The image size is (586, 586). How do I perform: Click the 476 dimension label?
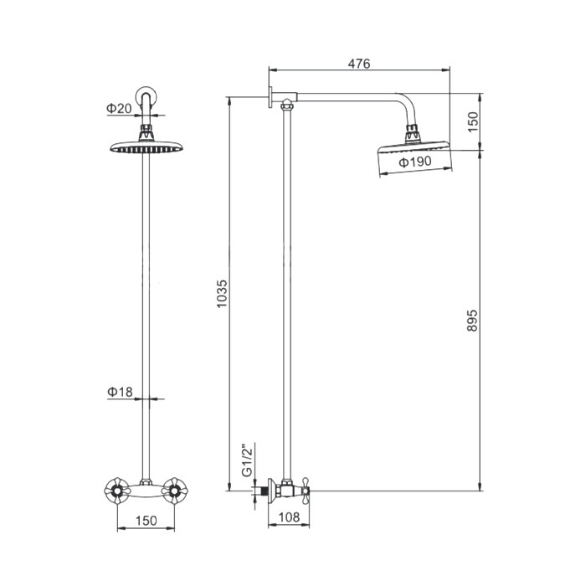point(359,64)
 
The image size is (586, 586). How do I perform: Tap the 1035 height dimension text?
point(222,294)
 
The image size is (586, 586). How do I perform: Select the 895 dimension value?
point(472,320)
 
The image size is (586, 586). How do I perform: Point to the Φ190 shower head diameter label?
point(415,162)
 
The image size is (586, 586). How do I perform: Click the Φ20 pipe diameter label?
point(119,108)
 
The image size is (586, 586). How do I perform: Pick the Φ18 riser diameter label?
point(120,392)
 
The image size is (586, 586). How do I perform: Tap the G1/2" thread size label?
point(248,460)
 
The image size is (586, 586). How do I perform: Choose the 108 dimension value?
point(290,517)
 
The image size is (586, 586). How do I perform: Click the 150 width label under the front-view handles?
point(146,520)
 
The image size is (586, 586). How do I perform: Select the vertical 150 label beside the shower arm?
point(473,121)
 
